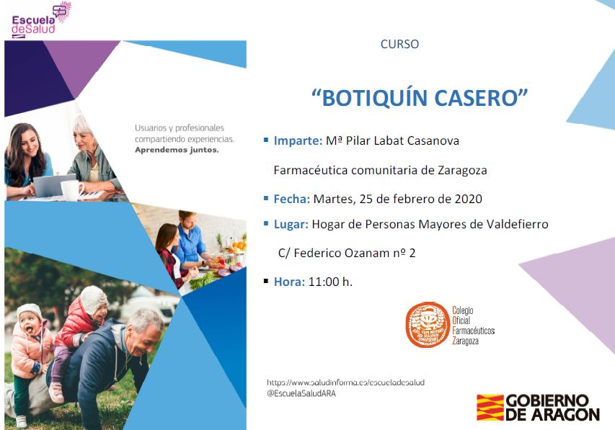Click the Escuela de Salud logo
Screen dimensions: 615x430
41,20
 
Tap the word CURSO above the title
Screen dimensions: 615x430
399,44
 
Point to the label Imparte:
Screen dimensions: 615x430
298,140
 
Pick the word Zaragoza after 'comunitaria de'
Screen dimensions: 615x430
462,171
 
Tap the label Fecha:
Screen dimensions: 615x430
292,199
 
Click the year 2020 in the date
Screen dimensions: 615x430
469,199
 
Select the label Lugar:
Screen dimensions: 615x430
291,224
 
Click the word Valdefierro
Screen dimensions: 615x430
518,224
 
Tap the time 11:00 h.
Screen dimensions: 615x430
330,282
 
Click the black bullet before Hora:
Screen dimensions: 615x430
266,281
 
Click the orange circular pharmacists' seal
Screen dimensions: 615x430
428,325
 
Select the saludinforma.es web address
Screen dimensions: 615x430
345,382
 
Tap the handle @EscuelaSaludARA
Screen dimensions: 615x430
301,393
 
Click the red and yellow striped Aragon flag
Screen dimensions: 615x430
490,407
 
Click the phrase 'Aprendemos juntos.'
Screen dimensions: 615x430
177,150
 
